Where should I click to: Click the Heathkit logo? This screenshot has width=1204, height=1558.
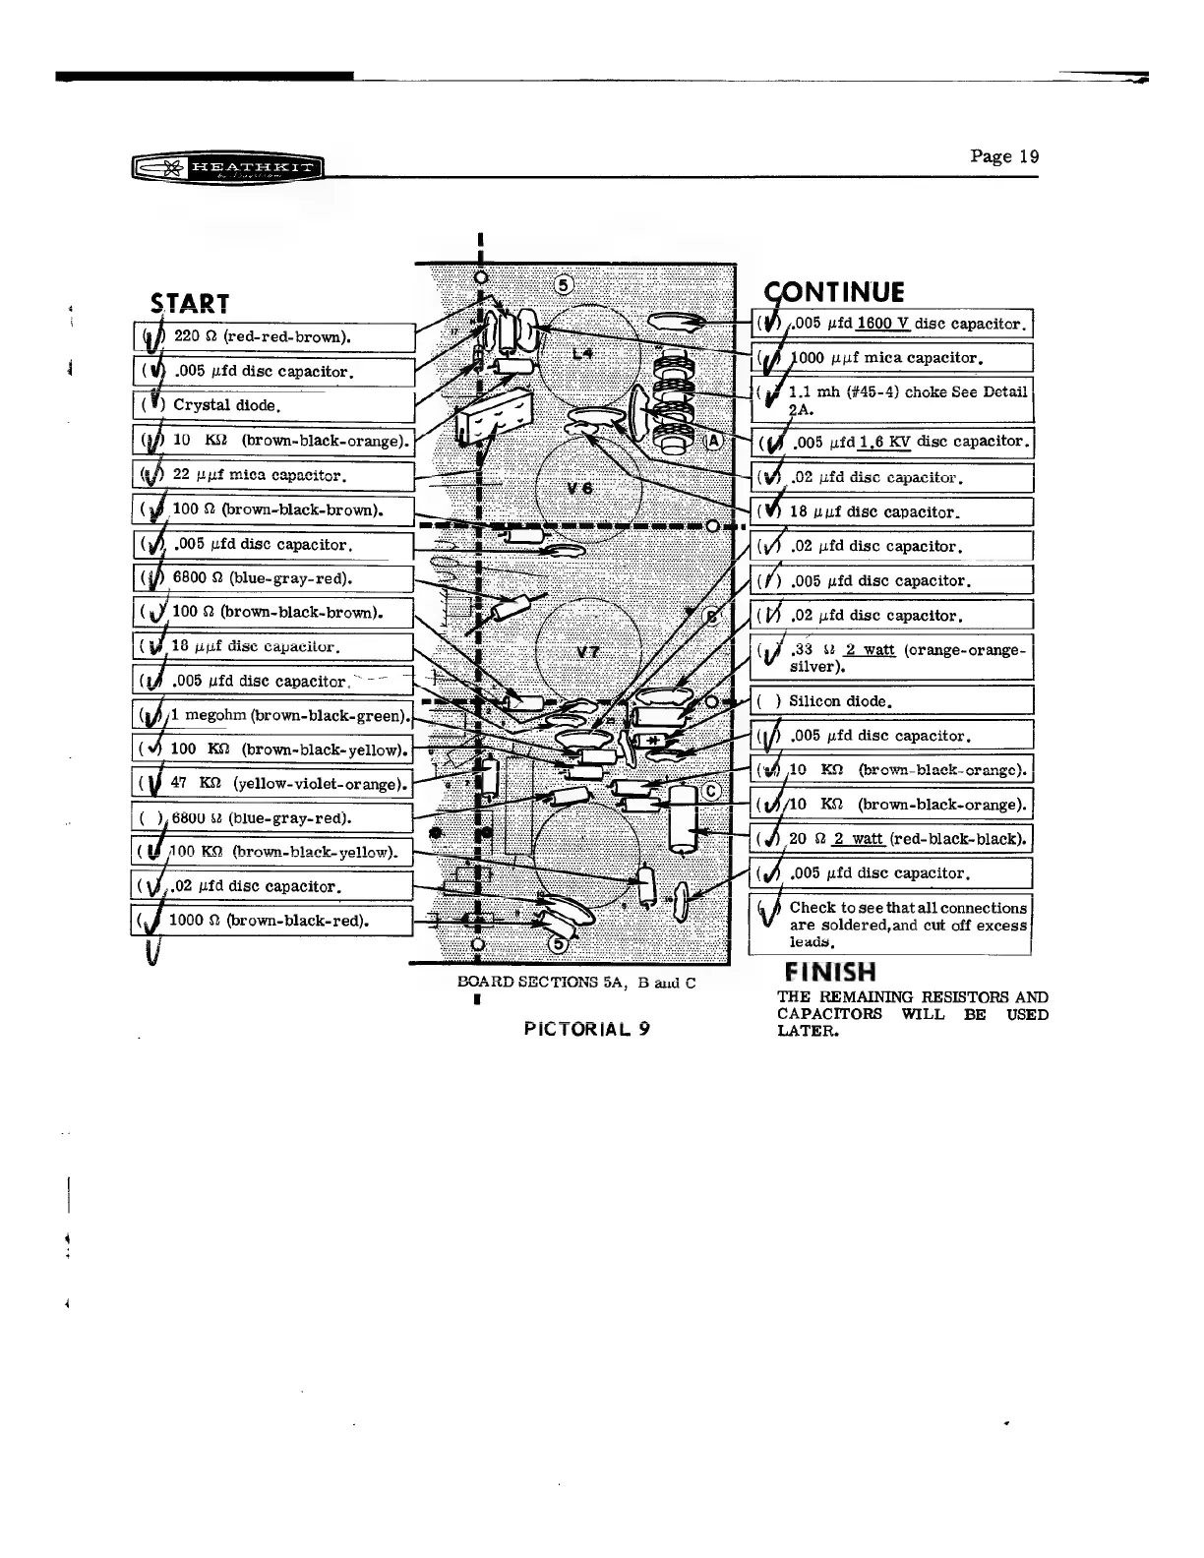point(227,168)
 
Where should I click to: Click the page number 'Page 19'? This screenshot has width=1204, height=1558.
point(1003,156)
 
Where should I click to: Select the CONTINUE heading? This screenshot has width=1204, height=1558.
point(835,291)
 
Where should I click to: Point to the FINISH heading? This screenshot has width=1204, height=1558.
point(826,972)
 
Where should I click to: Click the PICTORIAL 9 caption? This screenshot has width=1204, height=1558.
point(586,1029)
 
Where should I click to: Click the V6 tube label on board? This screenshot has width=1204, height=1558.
point(578,490)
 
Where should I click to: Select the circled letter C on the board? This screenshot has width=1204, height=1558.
point(712,792)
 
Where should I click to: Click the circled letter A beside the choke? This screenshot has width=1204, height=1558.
point(713,440)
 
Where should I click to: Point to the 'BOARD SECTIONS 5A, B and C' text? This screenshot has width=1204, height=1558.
point(576,982)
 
